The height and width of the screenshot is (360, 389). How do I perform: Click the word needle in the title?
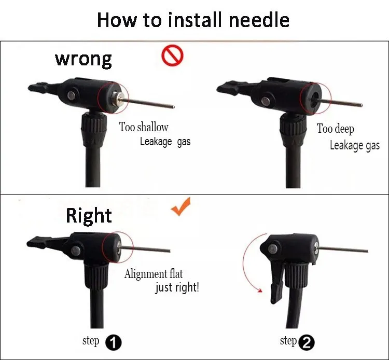point(259,20)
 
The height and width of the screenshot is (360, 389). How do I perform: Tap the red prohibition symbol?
point(172,55)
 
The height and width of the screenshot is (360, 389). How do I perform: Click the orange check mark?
point(182,206)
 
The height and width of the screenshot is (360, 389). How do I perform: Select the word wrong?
point(84,60)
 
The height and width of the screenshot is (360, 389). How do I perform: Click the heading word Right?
point(89,216)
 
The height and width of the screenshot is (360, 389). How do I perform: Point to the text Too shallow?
point(144,127)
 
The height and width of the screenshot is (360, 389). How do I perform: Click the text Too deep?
point(336,129)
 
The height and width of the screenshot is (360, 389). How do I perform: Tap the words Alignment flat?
point(154,274)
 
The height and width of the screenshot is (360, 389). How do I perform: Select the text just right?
point(177,288)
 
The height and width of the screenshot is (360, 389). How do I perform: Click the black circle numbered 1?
point(114,343)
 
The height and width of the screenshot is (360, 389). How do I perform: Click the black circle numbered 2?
point(307,343)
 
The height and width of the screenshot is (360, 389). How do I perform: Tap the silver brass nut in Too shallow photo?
point(116,98)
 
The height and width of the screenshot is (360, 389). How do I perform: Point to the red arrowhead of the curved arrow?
point(260,290)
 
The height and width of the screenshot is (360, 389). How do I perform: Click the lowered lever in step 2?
point(276,282)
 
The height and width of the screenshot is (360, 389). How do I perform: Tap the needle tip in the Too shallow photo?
point(173,107)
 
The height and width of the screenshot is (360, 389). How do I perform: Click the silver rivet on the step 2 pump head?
point(273,248)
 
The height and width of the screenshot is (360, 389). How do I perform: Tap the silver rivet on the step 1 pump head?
point(76,251)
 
